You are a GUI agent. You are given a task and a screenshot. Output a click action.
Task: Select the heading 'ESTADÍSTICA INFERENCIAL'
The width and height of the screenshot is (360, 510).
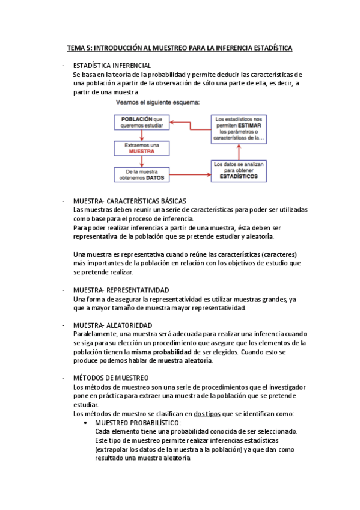pos(112,65)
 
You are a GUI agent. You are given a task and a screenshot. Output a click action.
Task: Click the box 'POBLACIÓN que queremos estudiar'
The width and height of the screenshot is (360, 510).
pos(142,123)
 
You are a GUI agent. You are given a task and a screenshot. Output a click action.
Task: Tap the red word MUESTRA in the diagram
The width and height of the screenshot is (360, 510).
pos(142,152)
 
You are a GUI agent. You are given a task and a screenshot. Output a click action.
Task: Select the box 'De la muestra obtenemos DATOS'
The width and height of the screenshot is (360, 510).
pos(142,175)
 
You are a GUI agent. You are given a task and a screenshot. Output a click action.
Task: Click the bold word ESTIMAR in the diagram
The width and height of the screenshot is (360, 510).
pos(250,126)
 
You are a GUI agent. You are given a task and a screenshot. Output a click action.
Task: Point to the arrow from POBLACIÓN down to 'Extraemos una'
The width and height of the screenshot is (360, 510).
pos(142,136)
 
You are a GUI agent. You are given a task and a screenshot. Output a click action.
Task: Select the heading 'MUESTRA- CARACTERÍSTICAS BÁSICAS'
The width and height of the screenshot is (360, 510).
pos(129,201)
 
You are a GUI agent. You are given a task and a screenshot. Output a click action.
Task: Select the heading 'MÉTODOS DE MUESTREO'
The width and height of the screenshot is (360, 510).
pos(110,378)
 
